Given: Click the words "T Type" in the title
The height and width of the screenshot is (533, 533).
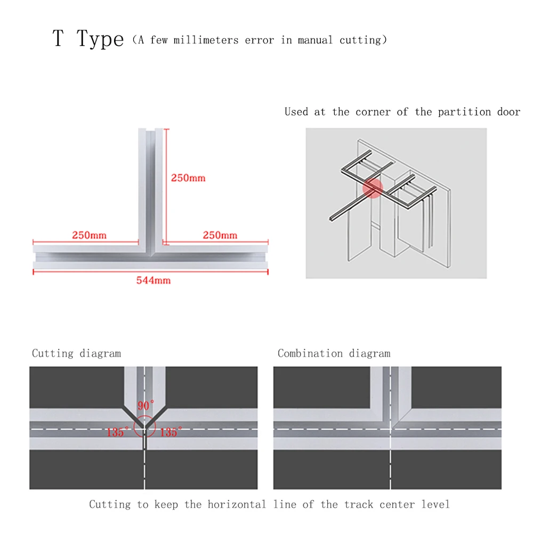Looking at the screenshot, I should (88, 39).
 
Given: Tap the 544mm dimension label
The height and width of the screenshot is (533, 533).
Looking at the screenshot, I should (154, 280).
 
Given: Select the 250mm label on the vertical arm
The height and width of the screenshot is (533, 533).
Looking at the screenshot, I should (188, 178).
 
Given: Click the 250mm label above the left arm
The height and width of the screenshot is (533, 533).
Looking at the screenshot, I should (89, 235).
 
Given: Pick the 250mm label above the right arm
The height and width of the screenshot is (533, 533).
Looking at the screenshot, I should (220, 235).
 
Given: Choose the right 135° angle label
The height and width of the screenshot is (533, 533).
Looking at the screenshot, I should (171, 432).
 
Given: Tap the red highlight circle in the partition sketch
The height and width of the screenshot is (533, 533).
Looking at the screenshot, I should (373, 188).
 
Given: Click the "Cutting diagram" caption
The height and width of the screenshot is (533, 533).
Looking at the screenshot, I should (76, 353).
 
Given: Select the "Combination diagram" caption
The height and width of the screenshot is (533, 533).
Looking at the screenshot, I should (334, 353).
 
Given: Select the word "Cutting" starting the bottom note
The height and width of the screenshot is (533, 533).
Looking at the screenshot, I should (110, 504).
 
